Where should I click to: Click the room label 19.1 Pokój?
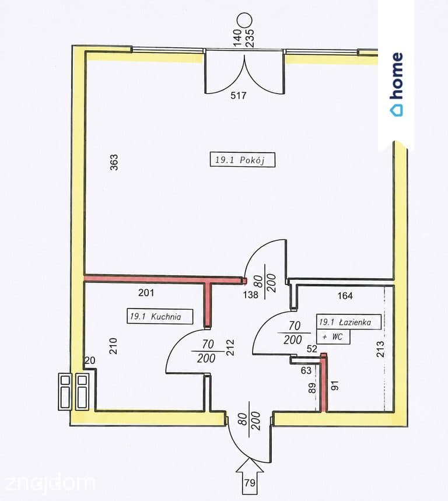point(242,160)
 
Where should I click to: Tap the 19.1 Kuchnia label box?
point(160,316)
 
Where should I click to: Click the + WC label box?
point(333,337)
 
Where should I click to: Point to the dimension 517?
point(239,96)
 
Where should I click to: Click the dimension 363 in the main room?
point(114,162)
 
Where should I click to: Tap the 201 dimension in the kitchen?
point(146,293)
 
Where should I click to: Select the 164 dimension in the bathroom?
point(345,296)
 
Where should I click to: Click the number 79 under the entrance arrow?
point(250,482)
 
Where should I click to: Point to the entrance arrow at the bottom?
point(250,475)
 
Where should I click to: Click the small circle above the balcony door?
point(245,20)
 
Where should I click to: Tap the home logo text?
point(397,76)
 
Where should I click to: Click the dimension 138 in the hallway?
point(250,295)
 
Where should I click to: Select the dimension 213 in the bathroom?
point(380,349)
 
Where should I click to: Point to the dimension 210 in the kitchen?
point(113,346)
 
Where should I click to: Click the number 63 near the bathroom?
point(306,370)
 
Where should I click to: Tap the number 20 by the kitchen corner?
point(90,360)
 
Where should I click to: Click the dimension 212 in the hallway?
point(230,347)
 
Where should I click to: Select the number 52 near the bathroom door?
point(311,349)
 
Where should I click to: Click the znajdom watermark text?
point(50,483)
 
